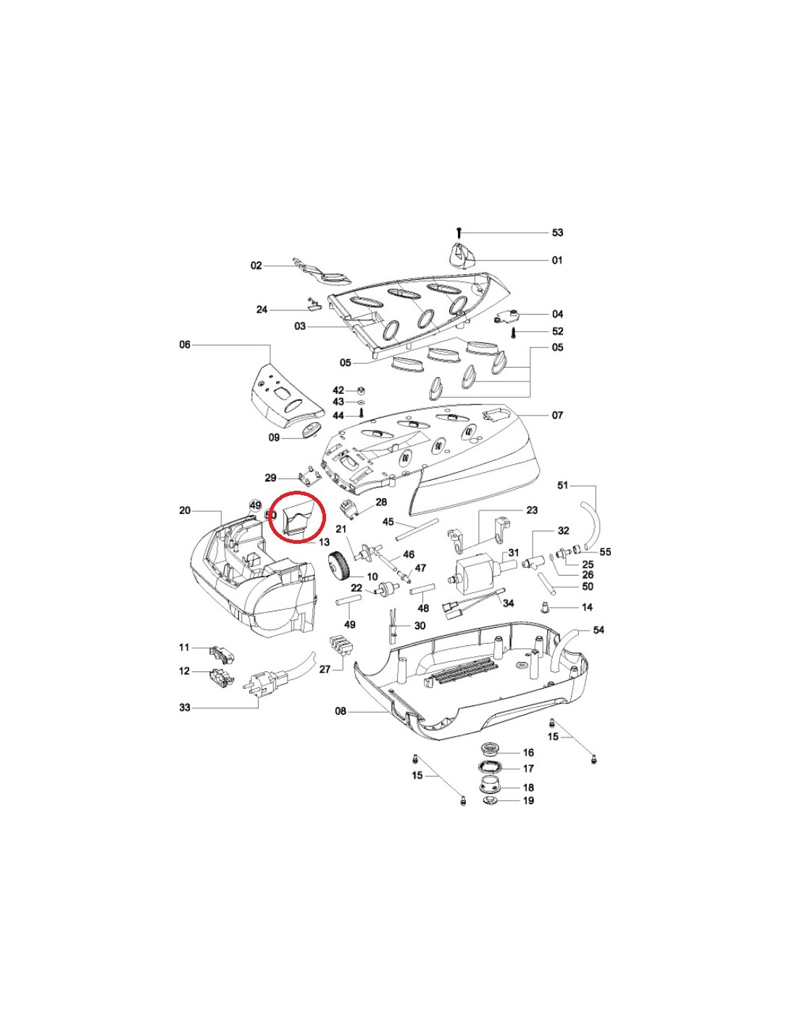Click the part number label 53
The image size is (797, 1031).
click(x=557, y=233)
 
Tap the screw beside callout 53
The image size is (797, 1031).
click(x=459, y=233)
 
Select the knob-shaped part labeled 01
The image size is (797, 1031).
click(x=461, y=255)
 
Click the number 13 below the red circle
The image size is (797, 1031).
click(x=325, y=542)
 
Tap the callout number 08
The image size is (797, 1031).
click(x=341, y=724)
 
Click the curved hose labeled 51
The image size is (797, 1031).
click(x=590, y=525)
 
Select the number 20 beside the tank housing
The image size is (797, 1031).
click(x=185, y=510)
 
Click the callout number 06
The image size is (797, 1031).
click(x=185, y=344)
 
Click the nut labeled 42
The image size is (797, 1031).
click(x=359, y=391)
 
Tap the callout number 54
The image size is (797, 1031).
click(x=598, y=629)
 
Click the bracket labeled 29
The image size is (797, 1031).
click(x=308, y=479)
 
